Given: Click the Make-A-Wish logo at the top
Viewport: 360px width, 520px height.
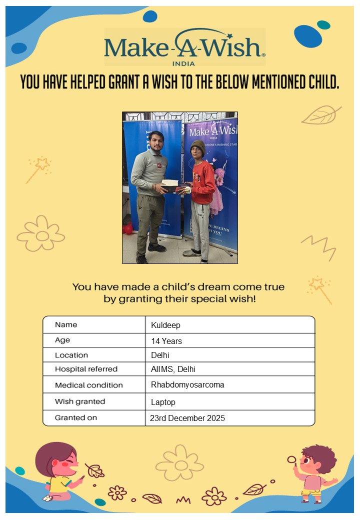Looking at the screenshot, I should [184, 46].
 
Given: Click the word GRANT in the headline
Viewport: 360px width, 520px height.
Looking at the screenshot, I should [123, 82].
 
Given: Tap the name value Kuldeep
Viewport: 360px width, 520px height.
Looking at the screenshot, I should [165, 325].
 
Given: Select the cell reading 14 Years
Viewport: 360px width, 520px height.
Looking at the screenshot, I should [166, 341].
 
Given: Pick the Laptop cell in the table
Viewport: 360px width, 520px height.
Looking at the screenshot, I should [163, 402].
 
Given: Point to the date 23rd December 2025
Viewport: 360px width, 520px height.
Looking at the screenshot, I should [187, 418].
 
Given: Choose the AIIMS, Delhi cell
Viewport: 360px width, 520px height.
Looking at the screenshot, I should [173, 369].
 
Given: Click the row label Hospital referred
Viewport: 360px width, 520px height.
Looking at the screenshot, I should [86, 369].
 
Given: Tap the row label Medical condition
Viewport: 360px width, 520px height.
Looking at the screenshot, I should [88, 385].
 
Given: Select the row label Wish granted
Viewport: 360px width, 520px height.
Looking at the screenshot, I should [80, 401].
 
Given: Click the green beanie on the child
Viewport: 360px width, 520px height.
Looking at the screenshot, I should [198, 145].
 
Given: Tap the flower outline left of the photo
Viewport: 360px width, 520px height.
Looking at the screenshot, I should [40, 233].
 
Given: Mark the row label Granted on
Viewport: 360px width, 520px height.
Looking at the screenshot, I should [76, 417].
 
